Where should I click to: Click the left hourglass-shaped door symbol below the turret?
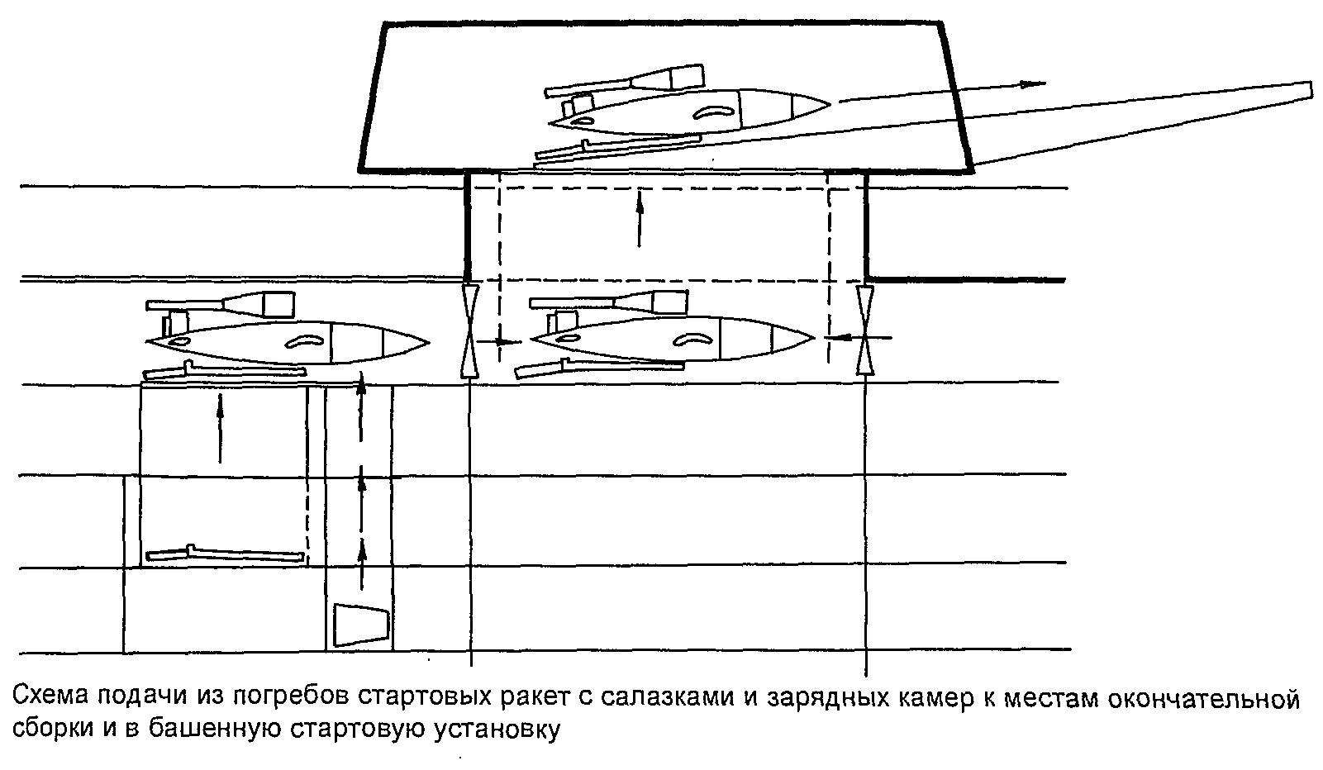click(x=469, y=330)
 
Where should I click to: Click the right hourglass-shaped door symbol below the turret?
click(x=864, y=330)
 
